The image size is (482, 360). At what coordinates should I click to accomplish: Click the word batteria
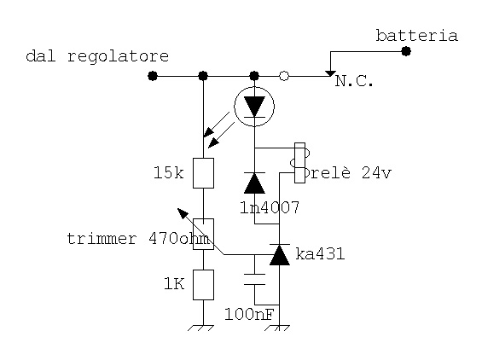[x=417, y=36]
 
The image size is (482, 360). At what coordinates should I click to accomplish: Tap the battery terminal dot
[x=406, y=51]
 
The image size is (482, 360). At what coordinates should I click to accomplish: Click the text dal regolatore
[x=97, y=56]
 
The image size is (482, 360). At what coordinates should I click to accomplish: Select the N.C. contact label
[x=354, y=81]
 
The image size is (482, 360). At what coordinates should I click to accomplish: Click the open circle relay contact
[x=284, y=76]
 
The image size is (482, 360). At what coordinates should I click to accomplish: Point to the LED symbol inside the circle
[x=254, y=107]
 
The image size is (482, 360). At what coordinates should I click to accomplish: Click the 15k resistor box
[x=203, y=173]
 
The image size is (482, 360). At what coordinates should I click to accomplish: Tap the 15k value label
[x=168, y=172]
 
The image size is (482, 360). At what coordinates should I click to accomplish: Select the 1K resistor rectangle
[x=203, y=285]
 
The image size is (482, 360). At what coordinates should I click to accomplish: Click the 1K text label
[x=174, y=283]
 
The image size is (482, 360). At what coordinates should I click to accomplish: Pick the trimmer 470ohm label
[x=138, y=239]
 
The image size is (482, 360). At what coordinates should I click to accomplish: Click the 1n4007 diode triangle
[x=254, y=183]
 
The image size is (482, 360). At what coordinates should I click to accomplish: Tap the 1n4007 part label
[x=270, y=207]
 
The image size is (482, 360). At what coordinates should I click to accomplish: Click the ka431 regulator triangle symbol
[x=280, y=254]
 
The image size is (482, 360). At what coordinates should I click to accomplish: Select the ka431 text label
[x=320, y=254]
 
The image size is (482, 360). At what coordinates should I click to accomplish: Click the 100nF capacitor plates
[x=254, y=279]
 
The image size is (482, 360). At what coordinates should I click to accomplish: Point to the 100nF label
[x=249, y=314]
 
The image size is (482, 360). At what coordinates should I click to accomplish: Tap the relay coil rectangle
[x=299, y=163]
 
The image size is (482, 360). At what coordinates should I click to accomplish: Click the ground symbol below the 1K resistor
[x=200, y=328]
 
